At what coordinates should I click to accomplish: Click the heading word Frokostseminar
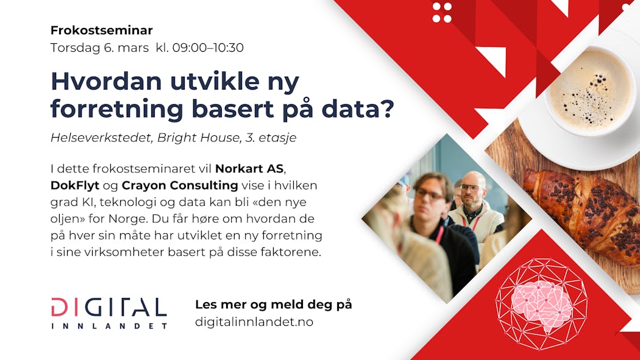click(x=102, y=30)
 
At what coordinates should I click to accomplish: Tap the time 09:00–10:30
click(x=208, y=48)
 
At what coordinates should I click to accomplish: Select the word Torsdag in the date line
click(x=75, y=48)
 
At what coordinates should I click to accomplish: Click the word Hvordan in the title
click(x=106, y=82)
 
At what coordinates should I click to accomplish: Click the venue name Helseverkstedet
click(x=101, y=138)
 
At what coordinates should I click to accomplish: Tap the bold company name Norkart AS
click(x=249, y=168)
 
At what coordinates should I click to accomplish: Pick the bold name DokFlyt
click(x=75, y=186)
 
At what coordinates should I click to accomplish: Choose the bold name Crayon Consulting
click(x=180, y=186)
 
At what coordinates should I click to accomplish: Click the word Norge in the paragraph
click(x=128, y=219)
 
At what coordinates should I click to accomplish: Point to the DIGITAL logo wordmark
click(x=109, y=308)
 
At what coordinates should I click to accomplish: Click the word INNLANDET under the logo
click(x=109, y=326)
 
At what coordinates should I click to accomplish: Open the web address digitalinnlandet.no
click(x=254, y=322)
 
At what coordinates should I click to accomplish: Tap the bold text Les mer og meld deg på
click(x=274, y=305)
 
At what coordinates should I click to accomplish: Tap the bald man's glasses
click(x=470, y=188)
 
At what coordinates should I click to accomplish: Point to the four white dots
click(x=442, y=13)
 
